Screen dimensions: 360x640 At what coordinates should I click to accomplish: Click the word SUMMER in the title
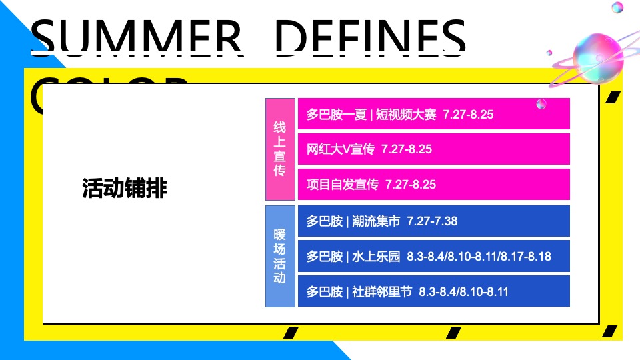coord(137,37)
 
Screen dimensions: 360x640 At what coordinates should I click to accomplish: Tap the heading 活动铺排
coord(125,189)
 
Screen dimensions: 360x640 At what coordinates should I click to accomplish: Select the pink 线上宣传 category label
coord(280,149)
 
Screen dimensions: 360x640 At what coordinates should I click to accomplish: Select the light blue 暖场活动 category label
coord(280,257)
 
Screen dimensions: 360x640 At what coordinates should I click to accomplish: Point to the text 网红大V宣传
coord(341,149)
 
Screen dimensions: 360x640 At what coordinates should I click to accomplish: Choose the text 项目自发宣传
coord(343,184)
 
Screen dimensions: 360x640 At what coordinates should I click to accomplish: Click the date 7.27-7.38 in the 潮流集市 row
coord(432,221)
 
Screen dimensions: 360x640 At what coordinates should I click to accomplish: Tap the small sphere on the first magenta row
coord(542,103)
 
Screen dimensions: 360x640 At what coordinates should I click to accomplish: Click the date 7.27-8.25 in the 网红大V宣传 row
coord(406,149)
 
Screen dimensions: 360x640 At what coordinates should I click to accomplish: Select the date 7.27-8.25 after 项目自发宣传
coord(410,184)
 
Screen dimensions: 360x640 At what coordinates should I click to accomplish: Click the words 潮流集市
coord(375,221)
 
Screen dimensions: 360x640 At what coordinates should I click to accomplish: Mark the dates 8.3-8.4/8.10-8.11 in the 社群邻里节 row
coord(464,291)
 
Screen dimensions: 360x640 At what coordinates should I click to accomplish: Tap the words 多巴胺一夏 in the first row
coord(337,114)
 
